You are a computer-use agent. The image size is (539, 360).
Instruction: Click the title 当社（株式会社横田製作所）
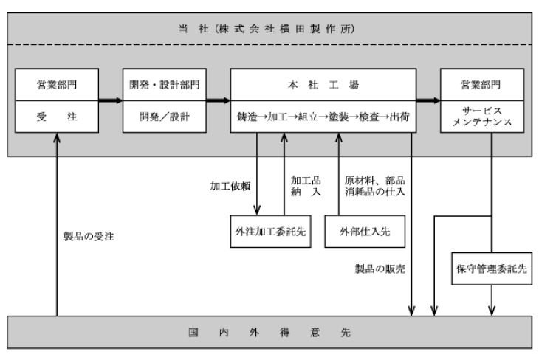click(x=267, y=29)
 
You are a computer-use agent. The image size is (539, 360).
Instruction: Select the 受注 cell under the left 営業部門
click(x=57, y=117)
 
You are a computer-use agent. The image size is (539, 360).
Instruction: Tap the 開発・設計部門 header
click(x=165, y=85)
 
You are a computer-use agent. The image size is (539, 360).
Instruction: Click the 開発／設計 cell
click(x=165, y=117)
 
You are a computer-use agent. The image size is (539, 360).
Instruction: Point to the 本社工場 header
click(x=323, y=85)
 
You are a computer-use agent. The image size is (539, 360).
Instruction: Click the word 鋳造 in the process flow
click(x=247, y=117)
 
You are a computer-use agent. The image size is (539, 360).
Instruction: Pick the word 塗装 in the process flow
click(x=339, y=117)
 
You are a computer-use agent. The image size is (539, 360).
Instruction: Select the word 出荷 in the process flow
click(x=399, y=117)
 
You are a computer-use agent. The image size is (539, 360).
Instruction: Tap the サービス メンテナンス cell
click(x=482, y=117)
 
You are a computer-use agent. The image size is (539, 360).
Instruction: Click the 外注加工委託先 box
click(x=270, y=232)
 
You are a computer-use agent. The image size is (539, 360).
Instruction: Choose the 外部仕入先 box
click(x=365, y=232)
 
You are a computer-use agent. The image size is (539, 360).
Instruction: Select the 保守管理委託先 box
click(x=492, y=269)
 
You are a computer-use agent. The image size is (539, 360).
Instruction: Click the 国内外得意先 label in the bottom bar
click(x=269, y=332)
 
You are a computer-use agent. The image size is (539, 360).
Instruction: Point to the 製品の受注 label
click(x=89, y=236)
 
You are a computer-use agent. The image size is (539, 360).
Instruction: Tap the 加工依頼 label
click(x=230, y=186)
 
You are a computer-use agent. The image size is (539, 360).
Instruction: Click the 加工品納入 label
click(x=306, y=186)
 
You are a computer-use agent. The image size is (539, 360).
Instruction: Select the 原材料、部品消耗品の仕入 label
click(x=374, y=186)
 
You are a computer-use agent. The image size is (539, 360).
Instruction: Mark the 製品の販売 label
click(x=380, y=269)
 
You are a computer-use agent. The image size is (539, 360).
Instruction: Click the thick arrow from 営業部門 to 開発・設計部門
click(x=111, y=100)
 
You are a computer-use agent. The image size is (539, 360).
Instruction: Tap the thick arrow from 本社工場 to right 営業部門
click(x=428, y=100)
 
